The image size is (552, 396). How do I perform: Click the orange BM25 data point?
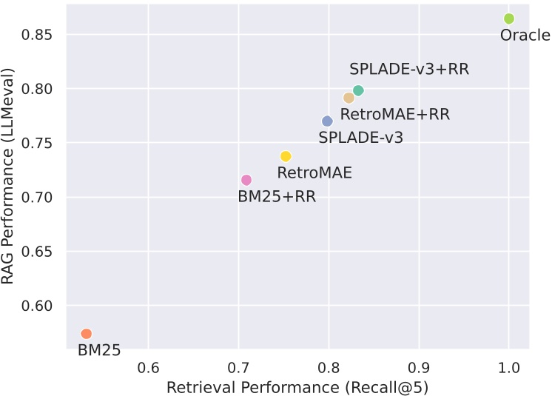pyautogui.click(x=86, y=334)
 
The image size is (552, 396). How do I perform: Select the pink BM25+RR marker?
pyautogui.click(x=246, y=180)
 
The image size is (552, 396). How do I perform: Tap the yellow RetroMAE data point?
pyautogui.click(x=286, y=156)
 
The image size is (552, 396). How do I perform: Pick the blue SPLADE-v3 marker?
pyautogui.click(x=327, y=121)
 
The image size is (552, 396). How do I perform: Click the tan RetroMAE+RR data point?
pyautogui.click(x=349, y=98)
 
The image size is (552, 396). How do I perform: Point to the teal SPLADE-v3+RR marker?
pyautogui.click(x=358, y=90)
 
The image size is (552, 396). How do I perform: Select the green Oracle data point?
pyautogui.click(x=508, y=19)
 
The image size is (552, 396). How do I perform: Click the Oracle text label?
pyautogui.click(x=525, y=36)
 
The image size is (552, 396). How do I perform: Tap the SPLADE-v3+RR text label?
pyautogui.click(x=409, y=70)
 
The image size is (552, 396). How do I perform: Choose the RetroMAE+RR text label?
pyautogui.click(x=395, y=115)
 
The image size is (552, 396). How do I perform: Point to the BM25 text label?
pyautogui.click(x=99, y=351)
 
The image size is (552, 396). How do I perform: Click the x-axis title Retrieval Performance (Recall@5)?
pyautogui.click(x=297, y=387)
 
